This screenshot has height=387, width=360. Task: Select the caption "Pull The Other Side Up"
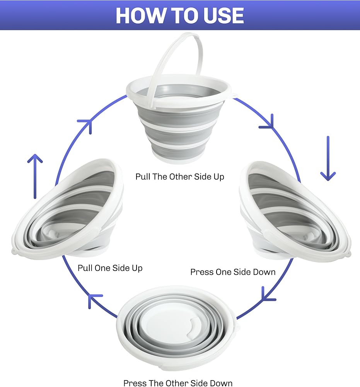(180, 176)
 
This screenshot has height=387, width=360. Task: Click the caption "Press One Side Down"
(233, 272)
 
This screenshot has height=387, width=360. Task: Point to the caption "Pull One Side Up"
(110, 268)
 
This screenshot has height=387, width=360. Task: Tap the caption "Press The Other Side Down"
(178, 383)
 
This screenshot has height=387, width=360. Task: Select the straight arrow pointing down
(328, 159)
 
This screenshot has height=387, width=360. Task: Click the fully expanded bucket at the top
(181, 116)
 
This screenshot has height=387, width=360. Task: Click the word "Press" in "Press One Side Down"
(202, 272)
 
